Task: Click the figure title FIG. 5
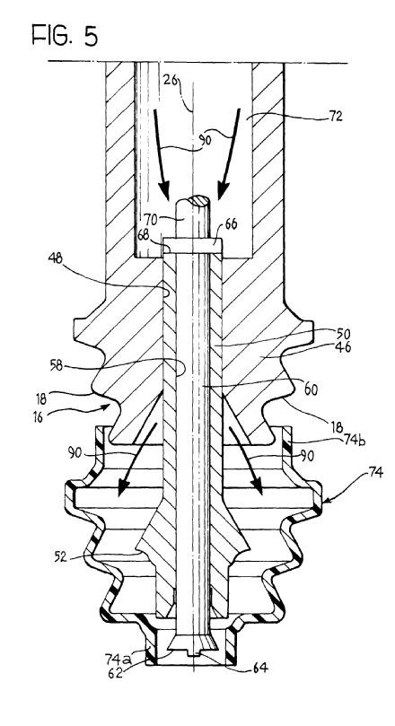65,35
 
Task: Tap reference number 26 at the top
171,80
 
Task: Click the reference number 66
231,224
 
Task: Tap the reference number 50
344,334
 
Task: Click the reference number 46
343,347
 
